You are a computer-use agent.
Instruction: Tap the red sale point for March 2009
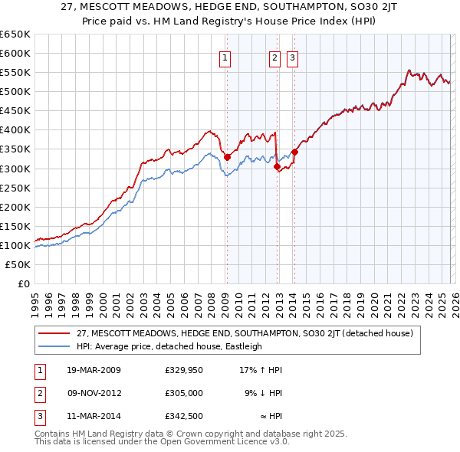pos(227,157)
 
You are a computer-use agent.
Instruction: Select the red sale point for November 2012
pos(277,166)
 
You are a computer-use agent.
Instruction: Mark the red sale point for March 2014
pos(294,152)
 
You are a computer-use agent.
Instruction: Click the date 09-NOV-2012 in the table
pos(94,393)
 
